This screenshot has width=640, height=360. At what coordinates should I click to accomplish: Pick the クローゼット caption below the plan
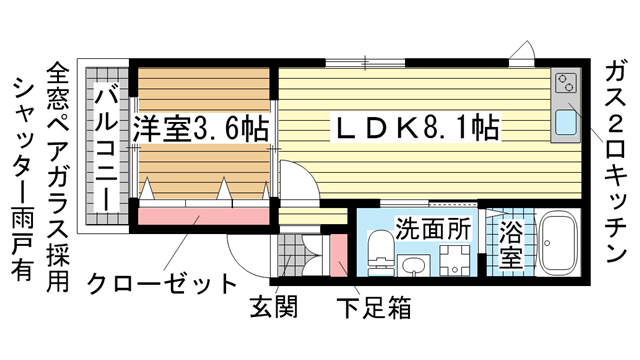tap(162, 284)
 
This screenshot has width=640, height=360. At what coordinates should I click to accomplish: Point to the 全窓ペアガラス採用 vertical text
tap(58, 176)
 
